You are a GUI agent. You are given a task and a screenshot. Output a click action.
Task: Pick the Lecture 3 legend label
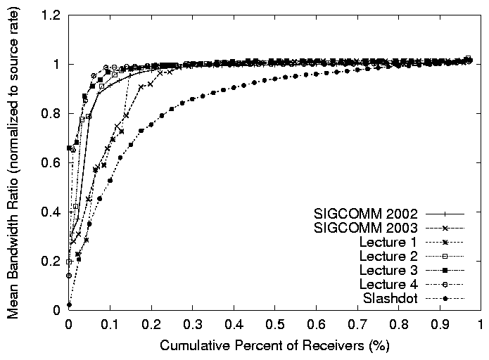389,270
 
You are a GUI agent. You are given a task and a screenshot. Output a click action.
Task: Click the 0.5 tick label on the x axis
274,326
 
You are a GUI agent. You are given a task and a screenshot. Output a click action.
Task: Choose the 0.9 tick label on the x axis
439,326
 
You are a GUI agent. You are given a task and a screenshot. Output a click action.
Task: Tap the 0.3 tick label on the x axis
192,326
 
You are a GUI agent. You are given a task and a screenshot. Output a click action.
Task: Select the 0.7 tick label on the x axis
357,326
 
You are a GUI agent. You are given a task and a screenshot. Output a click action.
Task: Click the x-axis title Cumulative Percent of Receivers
274,346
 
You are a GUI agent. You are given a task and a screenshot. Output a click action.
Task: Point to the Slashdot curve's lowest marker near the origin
69,304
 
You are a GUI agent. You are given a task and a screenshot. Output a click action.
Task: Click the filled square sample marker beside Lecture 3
448,270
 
